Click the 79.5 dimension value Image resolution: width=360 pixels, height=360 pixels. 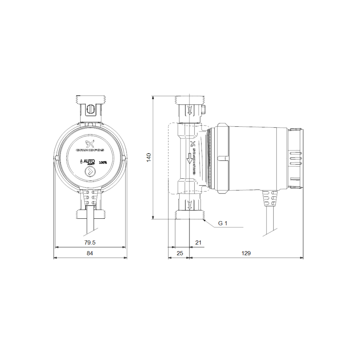(x=90, y=242)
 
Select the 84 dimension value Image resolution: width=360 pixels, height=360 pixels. (x=90, y=253)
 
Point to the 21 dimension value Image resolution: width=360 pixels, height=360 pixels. (x=198, y=242)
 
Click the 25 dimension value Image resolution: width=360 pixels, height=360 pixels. (x=179, y=253)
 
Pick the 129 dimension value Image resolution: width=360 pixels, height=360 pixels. (x=246, y=253)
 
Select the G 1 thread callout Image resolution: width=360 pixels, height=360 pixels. (x=223, y=223)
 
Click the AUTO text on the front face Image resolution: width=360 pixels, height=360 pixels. (x=89, y=161)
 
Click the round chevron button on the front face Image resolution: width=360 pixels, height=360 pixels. (x=90, y=172)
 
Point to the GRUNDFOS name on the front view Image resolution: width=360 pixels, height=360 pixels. (x=90, y=150)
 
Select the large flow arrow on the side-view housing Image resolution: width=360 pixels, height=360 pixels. (x=189, y=158)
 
